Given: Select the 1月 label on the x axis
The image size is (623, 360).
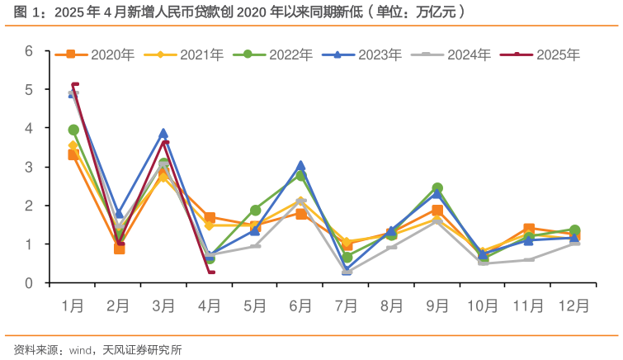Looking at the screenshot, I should point(73,306).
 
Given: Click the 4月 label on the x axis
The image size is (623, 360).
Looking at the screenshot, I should point(210,306).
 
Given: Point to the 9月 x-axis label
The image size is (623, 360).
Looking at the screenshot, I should point(437,306).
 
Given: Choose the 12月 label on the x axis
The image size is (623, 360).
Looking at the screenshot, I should point(573,306).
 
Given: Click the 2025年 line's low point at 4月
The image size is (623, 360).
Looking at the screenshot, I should point(210,272).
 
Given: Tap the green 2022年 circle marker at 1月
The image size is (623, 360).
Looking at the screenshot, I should point(73,130).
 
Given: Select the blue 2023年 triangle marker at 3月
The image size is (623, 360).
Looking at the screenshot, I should point(163,133).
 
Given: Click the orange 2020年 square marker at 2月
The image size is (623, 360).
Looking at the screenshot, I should point(119,249).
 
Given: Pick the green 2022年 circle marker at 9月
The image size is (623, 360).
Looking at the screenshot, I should point(437,188).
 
